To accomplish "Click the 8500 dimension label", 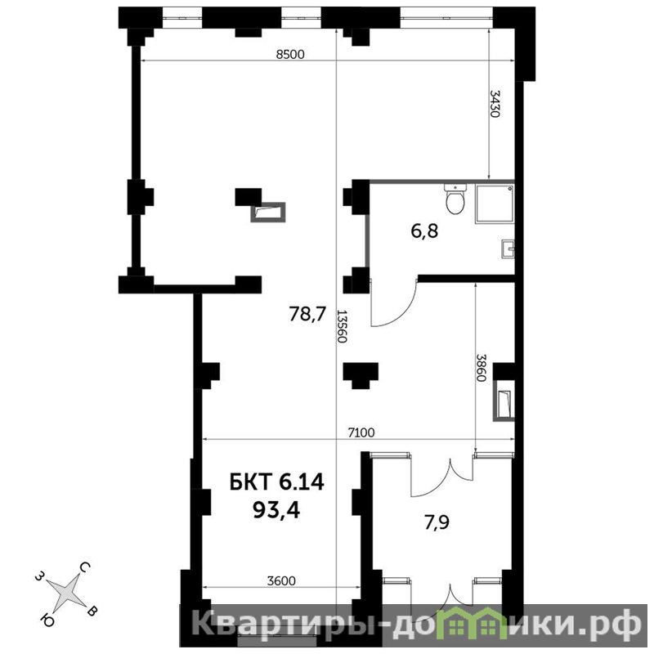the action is [x=290, y=54].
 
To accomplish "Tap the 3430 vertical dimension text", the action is [x=495, y=104].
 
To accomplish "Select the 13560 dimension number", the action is [x=342, y=326].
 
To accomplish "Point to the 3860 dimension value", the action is [x=481, y=369].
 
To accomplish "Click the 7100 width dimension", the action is [x=361, y=433].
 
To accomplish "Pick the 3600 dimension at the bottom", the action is [x=281, y=580].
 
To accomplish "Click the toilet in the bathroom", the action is [x=455, y=199].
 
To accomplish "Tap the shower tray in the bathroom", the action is [x=495, y=204].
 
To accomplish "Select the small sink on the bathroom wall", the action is [x=508, y=249].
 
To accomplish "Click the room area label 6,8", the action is [x=424, y=231].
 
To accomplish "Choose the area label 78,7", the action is [x=307, y=314].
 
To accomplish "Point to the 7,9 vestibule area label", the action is [x=437, y=522].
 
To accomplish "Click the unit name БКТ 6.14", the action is [x=277, y=482].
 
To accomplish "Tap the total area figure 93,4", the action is [x=276, y=510].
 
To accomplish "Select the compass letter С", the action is [x=85, y=567].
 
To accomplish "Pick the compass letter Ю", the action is [x=47, y=620].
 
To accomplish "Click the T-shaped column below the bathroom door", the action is [x=361, y=375].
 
